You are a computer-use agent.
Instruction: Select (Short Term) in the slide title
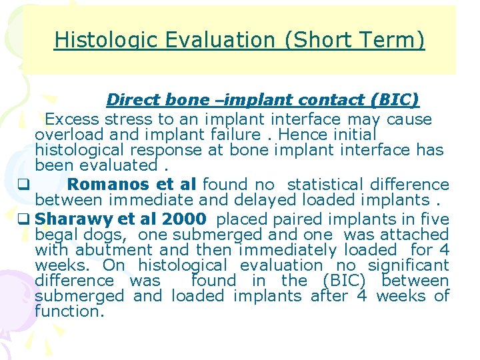[x=355, y=41]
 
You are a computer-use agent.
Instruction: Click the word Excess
[x=71, y=120]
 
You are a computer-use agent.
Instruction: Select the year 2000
[x=184, y=219]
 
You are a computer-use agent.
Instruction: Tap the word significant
[x=408, y=265]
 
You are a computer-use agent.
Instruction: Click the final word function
[x=69, y=311]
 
